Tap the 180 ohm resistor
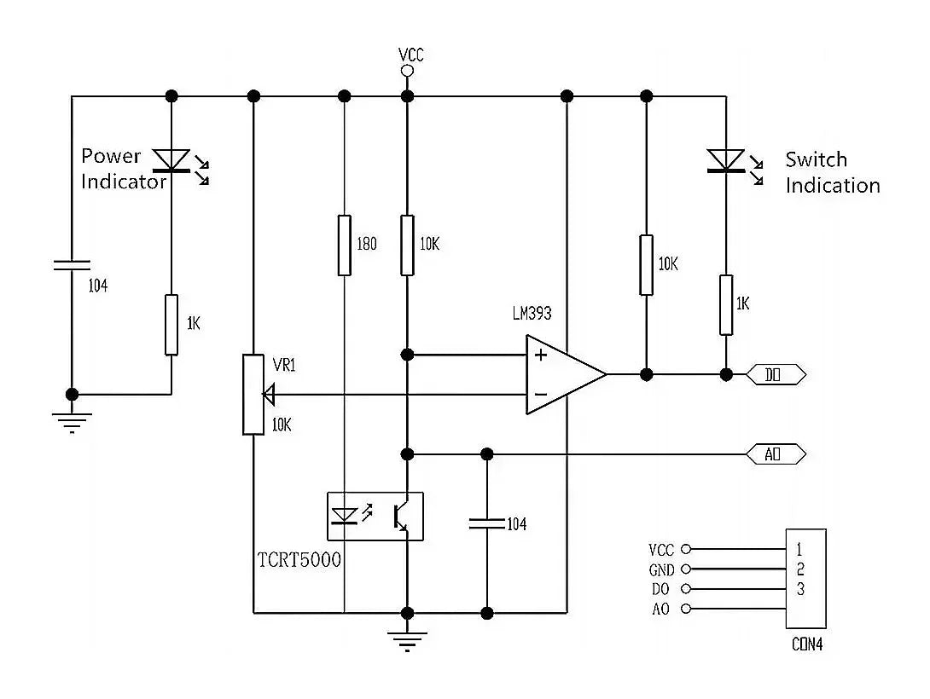click(344, 246)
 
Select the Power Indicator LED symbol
click(172, 159)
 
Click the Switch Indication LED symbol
click(725, 160)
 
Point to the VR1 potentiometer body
click(253, 394)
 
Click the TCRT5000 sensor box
click(376, 516)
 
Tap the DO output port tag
click(776, 374)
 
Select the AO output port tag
click(776, 454)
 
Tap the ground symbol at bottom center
click(408, 639)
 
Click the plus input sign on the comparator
click(540, 355)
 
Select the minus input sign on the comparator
click(540, 394)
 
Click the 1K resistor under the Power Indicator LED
click(171, 325)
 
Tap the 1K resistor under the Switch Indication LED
click(725, 304)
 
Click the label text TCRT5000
click(299, 560)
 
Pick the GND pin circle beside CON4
click(685, 569)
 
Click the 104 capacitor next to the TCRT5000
click(487, 523)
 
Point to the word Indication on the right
click(832, 185)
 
